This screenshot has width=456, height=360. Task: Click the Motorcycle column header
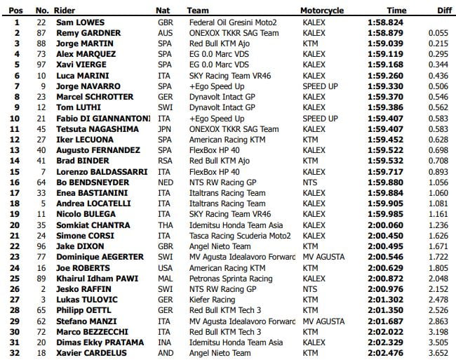click(x=322, y=11)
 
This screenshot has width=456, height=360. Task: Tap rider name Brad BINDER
click(x=79, y=161)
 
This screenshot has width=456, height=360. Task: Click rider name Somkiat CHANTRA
click(x=89, y=225)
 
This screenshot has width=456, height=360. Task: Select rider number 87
click(x=41, y=33)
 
